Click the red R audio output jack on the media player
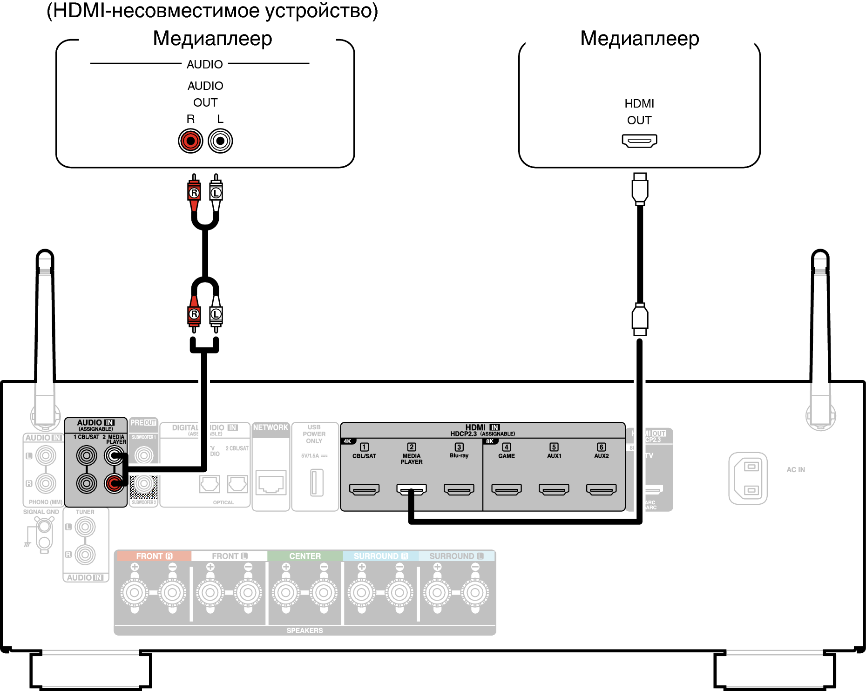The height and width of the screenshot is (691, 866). click(190, 141)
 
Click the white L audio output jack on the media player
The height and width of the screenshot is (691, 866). click(220, 141)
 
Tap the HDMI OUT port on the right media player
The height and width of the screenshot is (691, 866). click(639, 140)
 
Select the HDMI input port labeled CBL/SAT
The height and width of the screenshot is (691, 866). click(364, 489)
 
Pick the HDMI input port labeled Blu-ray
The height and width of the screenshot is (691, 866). click(459, 489)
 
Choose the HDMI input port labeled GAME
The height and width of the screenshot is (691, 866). click(507, 489)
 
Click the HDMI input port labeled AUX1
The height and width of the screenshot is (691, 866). click(554, 489)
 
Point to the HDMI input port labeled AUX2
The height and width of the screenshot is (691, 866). click(601, 489)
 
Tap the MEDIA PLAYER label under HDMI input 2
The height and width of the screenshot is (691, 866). click(412, 459)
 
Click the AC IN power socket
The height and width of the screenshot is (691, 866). click(748, 478)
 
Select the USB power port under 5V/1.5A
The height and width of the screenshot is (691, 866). click(317, 482)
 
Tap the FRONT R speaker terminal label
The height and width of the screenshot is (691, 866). click(153, 556)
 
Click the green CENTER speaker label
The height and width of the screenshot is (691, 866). click(305, 556)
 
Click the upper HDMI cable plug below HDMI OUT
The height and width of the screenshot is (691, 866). click(640, 189)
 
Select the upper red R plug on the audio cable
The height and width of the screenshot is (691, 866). click(194, 192)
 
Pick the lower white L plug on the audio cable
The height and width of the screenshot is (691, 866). click(216, 314)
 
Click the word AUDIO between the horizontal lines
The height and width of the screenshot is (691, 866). click(205, 64)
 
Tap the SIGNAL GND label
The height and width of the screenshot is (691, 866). click(41, 512)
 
